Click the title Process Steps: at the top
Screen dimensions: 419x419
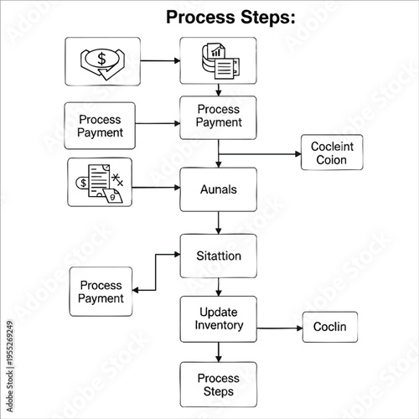[230, 17]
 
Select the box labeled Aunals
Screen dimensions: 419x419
[219, 189]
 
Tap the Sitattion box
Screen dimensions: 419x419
[219, 256]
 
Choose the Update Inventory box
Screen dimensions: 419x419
[219, 318]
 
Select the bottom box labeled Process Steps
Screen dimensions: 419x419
[219, 385]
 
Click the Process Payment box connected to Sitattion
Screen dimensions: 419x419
[101, 292]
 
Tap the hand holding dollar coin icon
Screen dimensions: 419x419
[101, 61]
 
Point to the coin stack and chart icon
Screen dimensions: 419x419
[220, 61]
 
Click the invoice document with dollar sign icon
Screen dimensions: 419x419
[101, 183]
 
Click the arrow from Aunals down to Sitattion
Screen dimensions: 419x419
[219, 223]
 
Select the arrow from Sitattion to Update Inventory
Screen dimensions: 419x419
[219, 287]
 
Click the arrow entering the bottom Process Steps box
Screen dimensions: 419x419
[219, 352]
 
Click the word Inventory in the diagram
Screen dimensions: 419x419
[219, 325]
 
